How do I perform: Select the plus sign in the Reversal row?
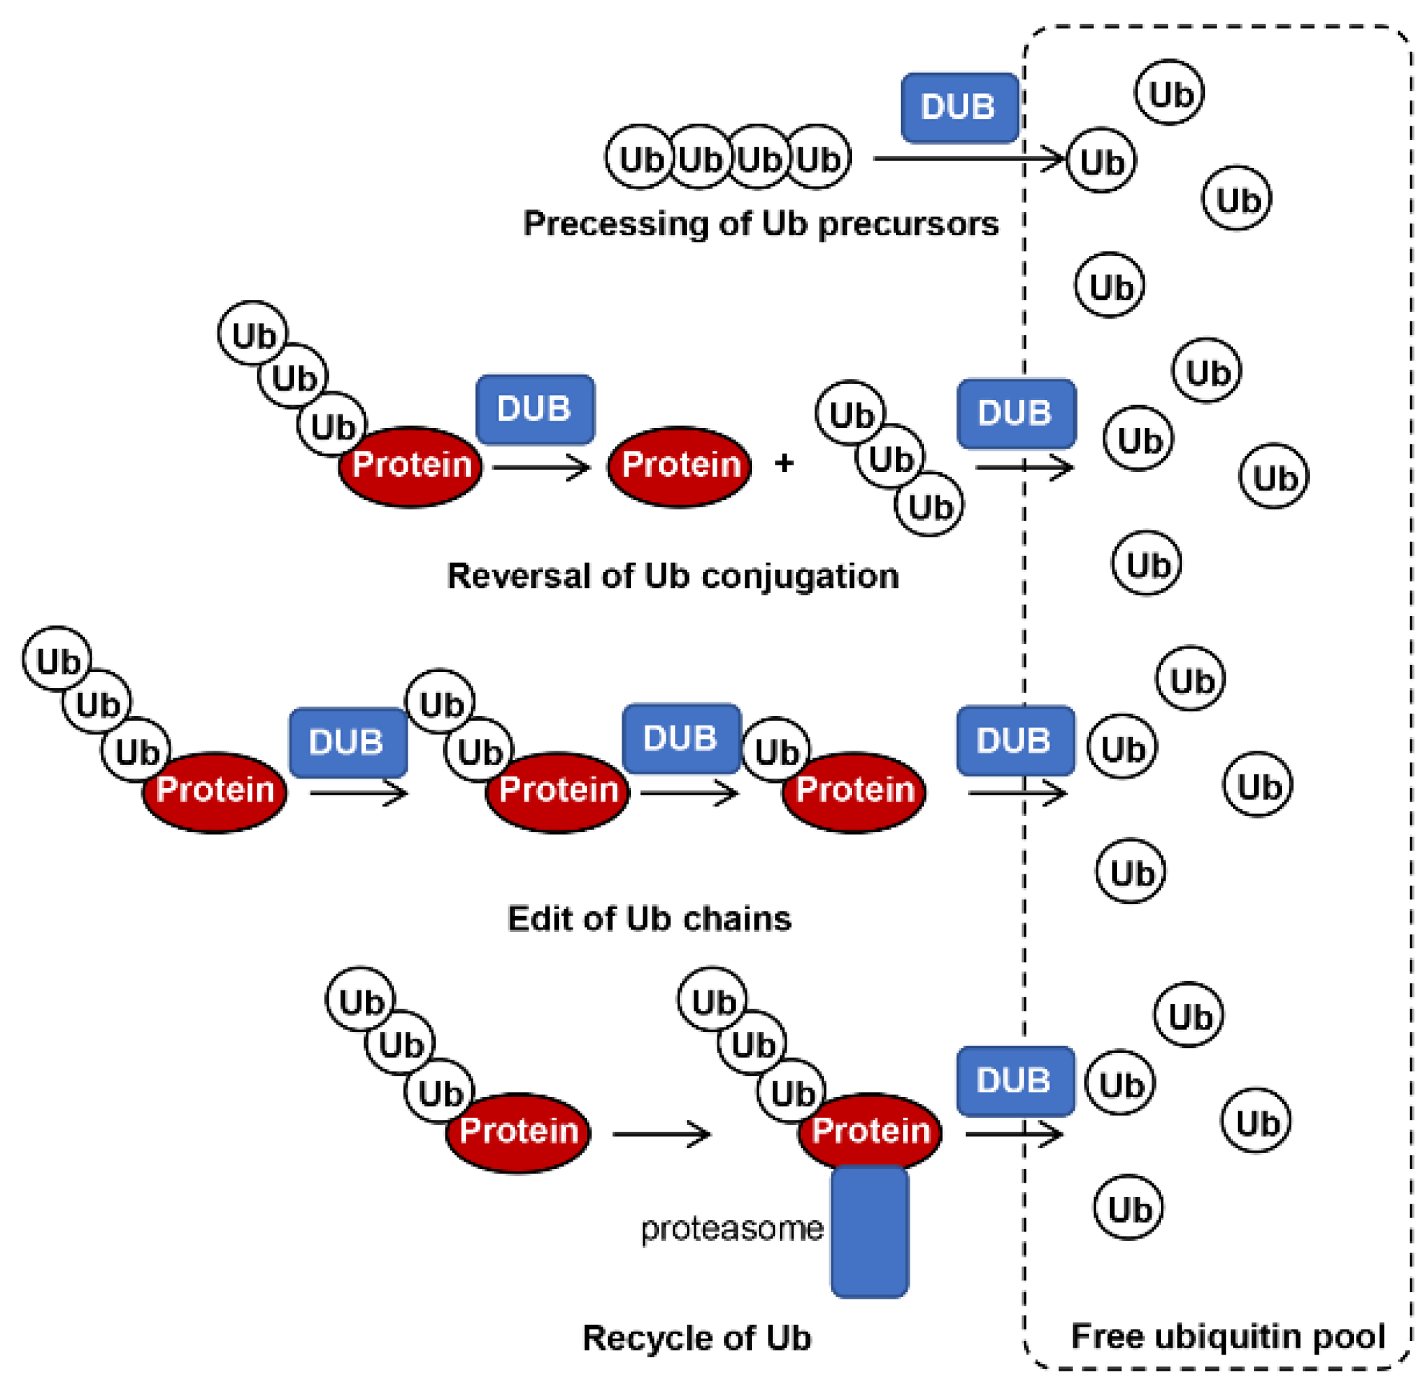click(784, 463)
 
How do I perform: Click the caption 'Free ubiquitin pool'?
click(1228, 1335)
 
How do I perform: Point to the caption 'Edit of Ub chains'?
click(649, 918)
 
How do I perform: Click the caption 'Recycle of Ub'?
click(696, 1338)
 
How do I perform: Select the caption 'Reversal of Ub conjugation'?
click(673, 575)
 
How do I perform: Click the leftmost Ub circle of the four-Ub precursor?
click(639, 158)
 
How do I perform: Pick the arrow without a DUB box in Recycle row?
click(660, 1134)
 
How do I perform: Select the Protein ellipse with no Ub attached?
click(679, 465)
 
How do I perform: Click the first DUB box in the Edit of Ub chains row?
click(348, 742)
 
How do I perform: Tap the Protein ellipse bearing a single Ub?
click(853, 791)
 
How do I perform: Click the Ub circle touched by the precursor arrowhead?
click(1101, 161)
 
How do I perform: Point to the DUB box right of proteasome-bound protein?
click(1015, 1081)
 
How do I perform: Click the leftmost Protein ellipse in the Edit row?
click(214, 791)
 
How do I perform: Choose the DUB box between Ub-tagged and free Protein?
click(535, 409)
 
